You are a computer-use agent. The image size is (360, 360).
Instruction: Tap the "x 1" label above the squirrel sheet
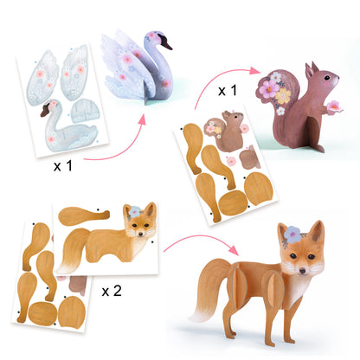click(228, 90)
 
